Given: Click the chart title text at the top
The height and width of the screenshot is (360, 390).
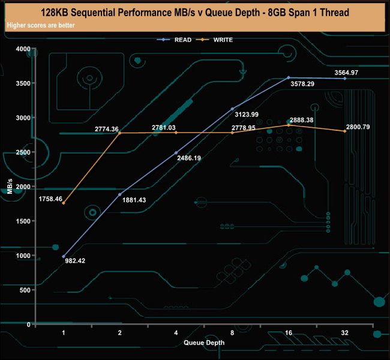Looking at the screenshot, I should pyautogui.click(x=194, y=12).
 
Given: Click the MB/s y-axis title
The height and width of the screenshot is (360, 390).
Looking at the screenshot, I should pyautogui.click(x=10, y=187).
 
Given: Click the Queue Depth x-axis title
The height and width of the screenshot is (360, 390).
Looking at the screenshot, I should pyautogui.click(x=204, y=343).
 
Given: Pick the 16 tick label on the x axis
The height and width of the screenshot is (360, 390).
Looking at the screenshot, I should pyautogui.click(x=289, y=332).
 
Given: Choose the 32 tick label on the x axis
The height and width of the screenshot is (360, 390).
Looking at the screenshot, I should pyautogui.click(x=344, y=332).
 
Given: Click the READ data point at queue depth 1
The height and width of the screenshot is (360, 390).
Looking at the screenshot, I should pyautogui.click(x=64, y=257).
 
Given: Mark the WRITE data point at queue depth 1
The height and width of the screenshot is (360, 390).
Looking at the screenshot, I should pyautogui.click(x=64, y=203).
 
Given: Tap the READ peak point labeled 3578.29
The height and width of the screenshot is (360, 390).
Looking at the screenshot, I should pyautogui.click(x=289, y=77).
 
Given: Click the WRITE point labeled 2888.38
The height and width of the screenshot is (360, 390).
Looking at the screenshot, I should pyautogui.click(x=289, y=125).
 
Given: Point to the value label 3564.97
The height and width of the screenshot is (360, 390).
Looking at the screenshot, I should pyautogui.click(x=346, y=73).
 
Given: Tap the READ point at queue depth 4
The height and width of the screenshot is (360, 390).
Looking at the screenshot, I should pyautogui.click(x=176, y=152).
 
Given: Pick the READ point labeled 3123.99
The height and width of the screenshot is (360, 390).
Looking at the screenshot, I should pyautogui.click(x=233, y=109).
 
